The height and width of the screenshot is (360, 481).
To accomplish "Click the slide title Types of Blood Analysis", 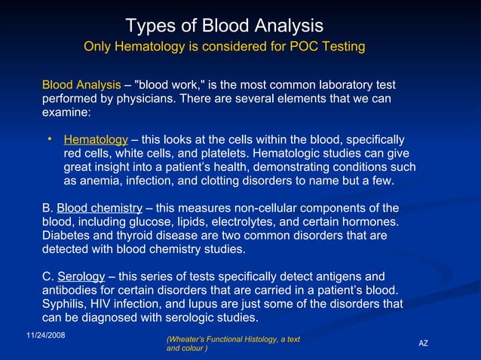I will click(224, 26).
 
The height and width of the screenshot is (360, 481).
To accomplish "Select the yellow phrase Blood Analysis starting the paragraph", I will click(81, 85).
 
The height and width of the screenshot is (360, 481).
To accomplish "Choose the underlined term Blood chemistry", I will click(100, 208).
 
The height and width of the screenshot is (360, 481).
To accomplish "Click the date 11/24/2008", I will click(45, 334).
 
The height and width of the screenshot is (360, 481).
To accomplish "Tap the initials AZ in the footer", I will click(423, 343).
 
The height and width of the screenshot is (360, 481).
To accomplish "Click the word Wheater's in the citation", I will click(187, 340).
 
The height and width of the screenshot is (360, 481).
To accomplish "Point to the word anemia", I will click(99, 181).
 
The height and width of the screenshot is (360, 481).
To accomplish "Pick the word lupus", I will click(198, 304).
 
